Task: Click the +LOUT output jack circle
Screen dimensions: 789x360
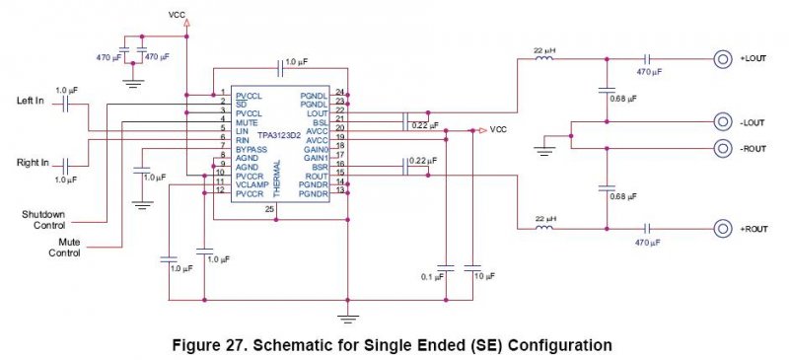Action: click(722, 59)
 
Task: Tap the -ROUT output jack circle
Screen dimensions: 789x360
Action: click(722, 149)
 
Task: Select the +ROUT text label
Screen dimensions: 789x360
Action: click(753, 229)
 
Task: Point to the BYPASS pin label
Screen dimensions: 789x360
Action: click(251, 150)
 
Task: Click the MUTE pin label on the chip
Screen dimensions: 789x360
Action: click(247, 122)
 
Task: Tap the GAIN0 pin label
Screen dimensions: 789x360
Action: click(316, 150)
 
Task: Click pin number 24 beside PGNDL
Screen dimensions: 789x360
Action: click(339, 92)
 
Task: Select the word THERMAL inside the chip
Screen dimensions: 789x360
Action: click(276, 179)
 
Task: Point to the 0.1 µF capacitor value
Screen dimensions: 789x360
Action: click(432, 276)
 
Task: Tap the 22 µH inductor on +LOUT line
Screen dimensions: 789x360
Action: click(543, 58)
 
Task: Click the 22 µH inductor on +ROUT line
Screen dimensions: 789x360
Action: click(543, 228)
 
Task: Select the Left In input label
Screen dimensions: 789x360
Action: click(31, 101)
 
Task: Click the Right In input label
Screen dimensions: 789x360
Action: click(33, 163)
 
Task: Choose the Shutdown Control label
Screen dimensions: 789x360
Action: click(43, 220)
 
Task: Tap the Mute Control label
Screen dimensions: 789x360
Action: click(64, 248)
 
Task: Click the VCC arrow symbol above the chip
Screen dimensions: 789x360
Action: click(187, 23)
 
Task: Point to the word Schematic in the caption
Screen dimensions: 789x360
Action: click(290, 346)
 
